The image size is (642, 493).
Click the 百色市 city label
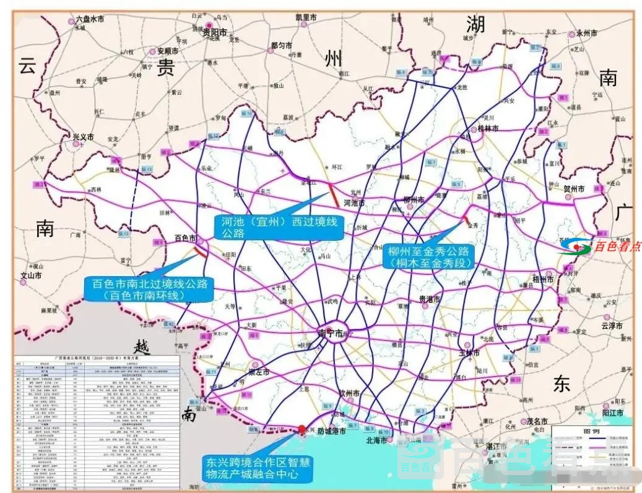pyautogui.click(x=186, y=238)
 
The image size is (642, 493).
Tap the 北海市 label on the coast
pyautogui.click(x=376, y=441)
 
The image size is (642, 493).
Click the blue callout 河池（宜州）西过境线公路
pyautogui.click(x=279, y=227)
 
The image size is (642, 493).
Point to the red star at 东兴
pyautogui.click(x=301, y=430)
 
